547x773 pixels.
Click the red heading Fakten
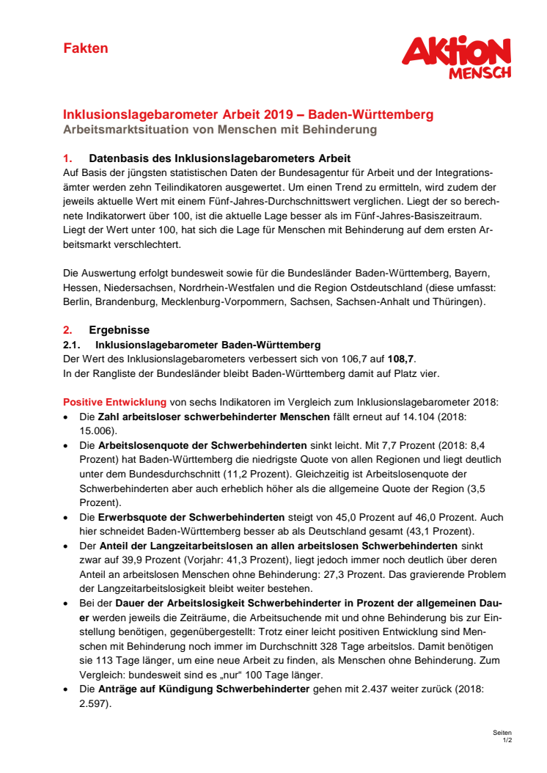(85, 48)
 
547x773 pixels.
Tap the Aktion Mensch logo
(456, 58)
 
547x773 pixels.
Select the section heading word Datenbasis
(119, 158)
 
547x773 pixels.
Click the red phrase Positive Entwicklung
(114, 402)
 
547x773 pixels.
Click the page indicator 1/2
(507, 740)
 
